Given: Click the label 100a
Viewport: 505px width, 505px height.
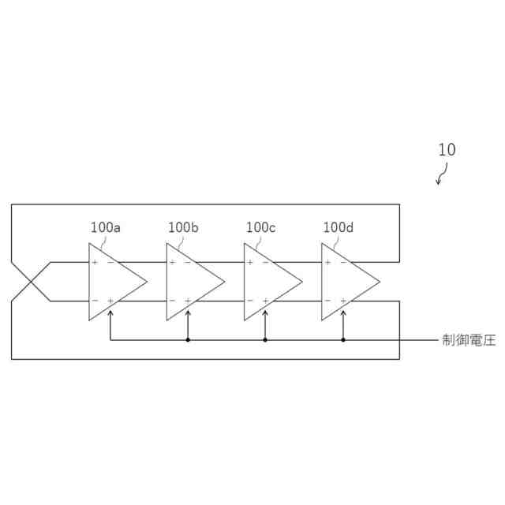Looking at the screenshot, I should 105,227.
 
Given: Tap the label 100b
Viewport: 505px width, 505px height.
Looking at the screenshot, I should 183,227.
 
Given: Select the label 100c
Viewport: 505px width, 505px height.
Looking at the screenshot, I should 260,227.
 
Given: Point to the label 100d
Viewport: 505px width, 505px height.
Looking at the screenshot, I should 339,227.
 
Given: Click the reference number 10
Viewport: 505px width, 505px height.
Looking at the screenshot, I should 446,149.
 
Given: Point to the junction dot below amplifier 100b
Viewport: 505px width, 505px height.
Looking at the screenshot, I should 188,340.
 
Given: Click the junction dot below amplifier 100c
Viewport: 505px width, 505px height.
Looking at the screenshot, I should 265,340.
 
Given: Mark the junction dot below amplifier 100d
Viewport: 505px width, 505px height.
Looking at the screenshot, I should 343,340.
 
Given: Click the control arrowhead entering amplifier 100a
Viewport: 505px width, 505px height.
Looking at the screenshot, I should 110,312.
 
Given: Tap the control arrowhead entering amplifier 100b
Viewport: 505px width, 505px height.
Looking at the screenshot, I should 188,312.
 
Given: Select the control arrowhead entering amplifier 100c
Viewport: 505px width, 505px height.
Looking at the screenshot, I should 265,312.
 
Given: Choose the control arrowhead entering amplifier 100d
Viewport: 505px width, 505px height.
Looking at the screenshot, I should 343,312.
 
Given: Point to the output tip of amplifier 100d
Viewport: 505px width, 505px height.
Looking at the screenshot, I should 380,282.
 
